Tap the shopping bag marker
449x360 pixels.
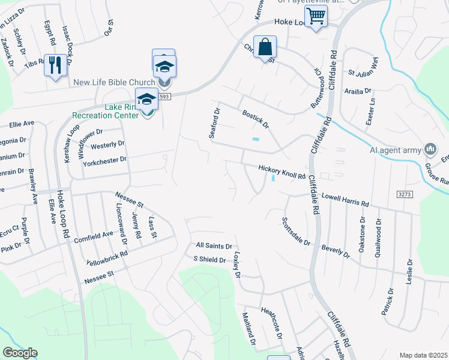[x=265, y=46]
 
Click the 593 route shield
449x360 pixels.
[x=166, y=96]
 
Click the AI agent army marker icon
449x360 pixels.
[x=430, y=148]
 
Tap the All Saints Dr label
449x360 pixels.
[x=214, y=246]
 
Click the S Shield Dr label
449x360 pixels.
[x=209, y=260]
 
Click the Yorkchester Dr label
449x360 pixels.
[x=106, y=160]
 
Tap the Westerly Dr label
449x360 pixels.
[x=107, y=145]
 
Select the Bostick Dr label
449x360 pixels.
[x=256, y=118]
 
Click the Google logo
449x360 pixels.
[x=20, y=353]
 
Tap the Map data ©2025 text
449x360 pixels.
[x=423, y=355]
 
